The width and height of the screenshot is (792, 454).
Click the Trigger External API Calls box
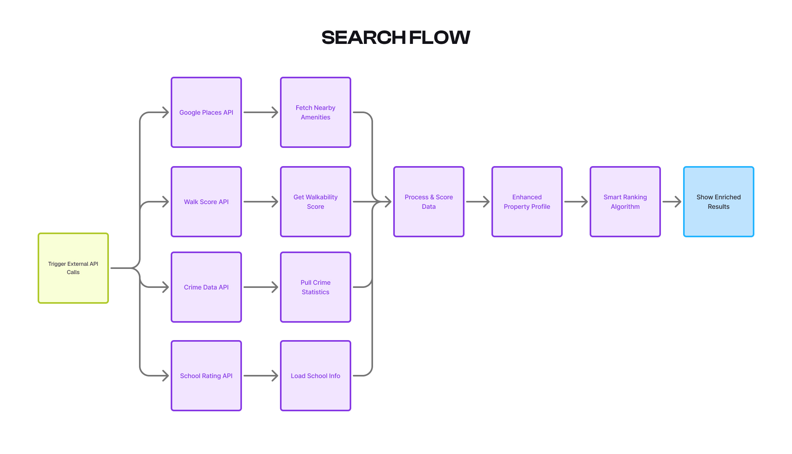point(73,268)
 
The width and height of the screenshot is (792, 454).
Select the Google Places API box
point(206,112)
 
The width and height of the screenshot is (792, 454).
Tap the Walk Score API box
point(206,202)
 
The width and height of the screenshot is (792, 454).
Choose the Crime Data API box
point(206,287)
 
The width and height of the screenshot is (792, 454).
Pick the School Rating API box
point(206,376)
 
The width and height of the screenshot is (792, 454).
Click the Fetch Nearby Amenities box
point(316,112)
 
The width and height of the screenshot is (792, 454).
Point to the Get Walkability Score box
point(316,202)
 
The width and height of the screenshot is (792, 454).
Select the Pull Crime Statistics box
point(316,287)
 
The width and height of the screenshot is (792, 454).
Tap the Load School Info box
point(316,376)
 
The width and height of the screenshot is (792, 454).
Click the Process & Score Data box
point(429,202)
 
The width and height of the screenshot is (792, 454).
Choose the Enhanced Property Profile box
point(527,202)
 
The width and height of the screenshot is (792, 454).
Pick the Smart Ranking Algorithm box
point(625,202)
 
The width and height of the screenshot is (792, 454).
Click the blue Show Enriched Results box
point(719,202)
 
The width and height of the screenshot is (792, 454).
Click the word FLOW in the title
point(440,38)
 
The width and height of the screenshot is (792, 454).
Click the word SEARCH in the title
point(364,38)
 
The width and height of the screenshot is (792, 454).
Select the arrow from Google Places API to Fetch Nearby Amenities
point(261,112)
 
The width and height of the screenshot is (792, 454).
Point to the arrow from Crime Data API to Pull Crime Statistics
point(261,287)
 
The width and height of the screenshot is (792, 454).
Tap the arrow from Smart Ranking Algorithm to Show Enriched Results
point(672,202)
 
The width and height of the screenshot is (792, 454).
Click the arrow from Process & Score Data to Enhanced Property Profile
point(478,202)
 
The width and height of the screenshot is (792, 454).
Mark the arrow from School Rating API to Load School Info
point(261,376)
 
